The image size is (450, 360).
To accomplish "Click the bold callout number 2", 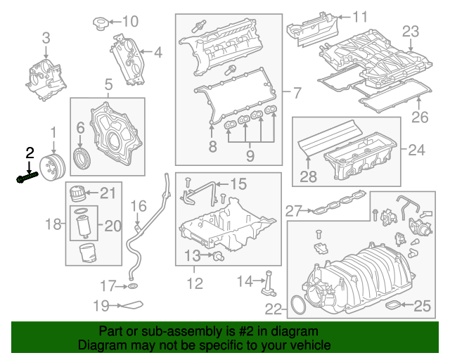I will (x=30, y=152).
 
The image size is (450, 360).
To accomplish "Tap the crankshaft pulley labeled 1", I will (x=52, y=169).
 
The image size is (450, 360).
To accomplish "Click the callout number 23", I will (x=411, y=31).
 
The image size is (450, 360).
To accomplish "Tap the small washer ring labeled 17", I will (x=131, y=286).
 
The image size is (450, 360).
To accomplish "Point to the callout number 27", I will (x=293, y=210).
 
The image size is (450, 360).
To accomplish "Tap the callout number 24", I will (x=417, y=149).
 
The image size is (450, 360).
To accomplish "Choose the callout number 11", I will (x=360, y=16).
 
